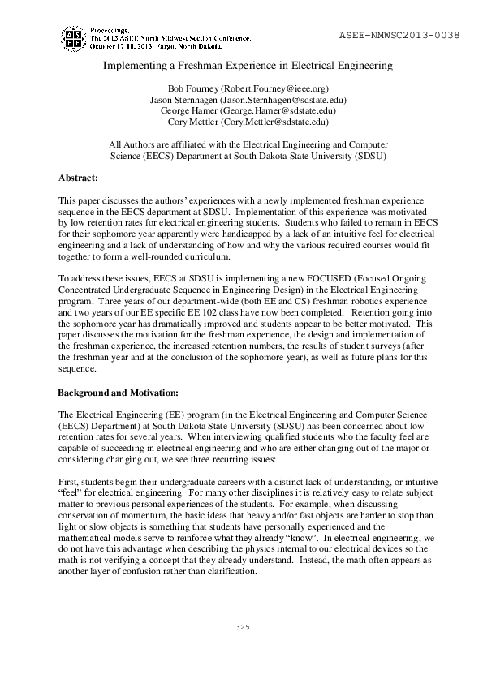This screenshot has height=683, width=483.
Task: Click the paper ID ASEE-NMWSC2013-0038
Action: [398, 36]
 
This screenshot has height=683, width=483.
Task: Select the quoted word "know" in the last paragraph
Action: [322, 537]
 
